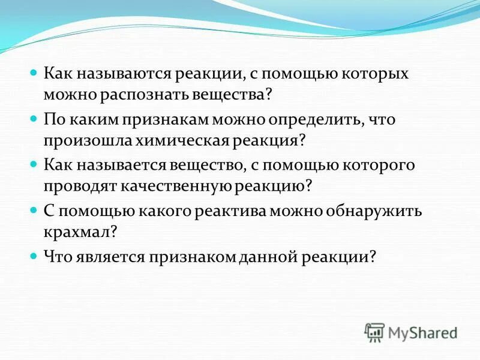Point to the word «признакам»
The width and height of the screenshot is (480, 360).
(164, 119)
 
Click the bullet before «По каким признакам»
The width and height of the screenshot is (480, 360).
(34, 118)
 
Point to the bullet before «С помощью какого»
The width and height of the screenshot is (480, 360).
(34, 208)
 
